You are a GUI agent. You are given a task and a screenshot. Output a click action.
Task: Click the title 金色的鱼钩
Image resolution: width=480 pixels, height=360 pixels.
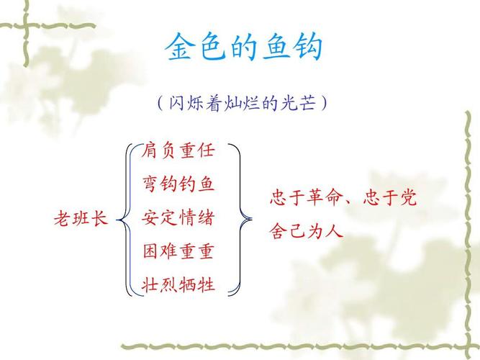pos(243,48)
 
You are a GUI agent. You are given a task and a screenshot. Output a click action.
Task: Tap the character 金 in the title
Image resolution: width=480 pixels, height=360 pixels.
pos(180,48)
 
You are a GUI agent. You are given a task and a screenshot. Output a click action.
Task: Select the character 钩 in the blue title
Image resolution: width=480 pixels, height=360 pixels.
pos(307,48)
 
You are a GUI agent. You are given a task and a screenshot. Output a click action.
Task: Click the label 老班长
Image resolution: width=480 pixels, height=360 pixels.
pos(81,218)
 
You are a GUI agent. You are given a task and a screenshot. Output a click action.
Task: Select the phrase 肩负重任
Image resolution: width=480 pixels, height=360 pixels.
pos(178,151)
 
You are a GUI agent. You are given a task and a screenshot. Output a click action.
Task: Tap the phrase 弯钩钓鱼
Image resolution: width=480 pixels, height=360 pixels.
pos(178,184)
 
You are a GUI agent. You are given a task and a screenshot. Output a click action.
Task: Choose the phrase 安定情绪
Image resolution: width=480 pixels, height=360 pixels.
pos(178,217)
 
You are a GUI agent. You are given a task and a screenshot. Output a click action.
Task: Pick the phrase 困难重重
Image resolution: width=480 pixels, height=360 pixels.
pos(178,251)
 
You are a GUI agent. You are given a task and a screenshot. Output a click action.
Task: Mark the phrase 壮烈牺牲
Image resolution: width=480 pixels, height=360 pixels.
pos(178,284)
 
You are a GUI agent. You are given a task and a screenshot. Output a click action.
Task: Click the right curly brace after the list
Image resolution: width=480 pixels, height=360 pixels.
pos(245,218)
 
